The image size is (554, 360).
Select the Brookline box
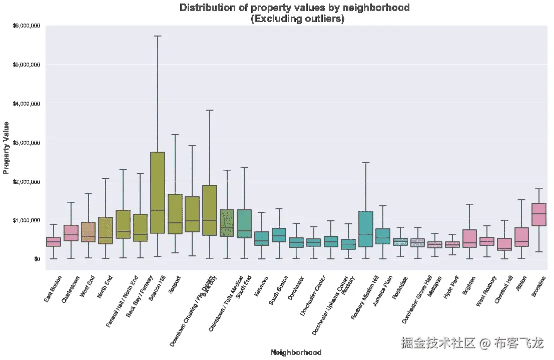click(x=538, y=215)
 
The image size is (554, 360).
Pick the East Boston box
click(x=54, y=242)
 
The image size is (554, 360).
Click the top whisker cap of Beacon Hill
click(x=158, y=36)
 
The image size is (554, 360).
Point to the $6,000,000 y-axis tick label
click(x=26, y=26)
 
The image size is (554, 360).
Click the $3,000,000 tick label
click(x=26, y=142)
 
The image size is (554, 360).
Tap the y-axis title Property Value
click(x=7, y=148)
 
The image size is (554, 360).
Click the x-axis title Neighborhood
click(x=296, y=352)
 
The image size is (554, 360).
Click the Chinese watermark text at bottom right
click(x=471, y=343)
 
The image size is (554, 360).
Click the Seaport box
click(x=175, y=214)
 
